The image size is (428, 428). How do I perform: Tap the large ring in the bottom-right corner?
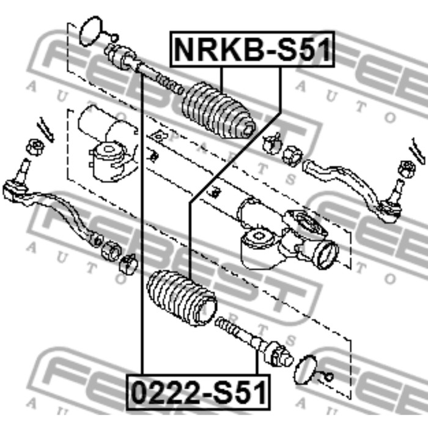tap(309, 369)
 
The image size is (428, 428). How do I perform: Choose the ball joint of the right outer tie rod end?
tap(394, 208)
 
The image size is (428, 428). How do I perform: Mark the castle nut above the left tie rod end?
tap(35, 147)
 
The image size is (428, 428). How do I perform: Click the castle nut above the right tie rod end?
tap(404, 167)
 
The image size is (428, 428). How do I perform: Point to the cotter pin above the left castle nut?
tap(45, 128)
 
